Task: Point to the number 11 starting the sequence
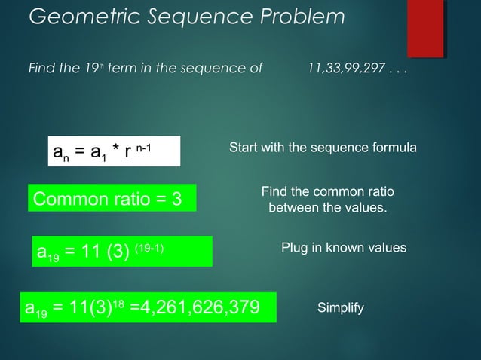[316, 69]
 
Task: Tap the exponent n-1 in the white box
[143, 146]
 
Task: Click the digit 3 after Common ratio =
[176, 200]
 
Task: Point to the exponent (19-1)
[146, 247]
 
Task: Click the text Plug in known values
[344, 248]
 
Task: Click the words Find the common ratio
[328, 191]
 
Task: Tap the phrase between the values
[328, 206]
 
